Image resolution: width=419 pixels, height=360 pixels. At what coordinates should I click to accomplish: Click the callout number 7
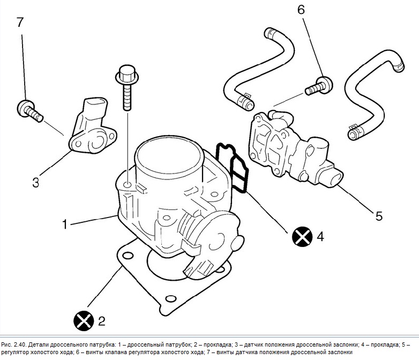(20, 22)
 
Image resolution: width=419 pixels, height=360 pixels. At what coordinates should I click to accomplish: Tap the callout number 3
(35, 182)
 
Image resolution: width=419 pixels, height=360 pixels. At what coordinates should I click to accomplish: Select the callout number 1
(65, 224)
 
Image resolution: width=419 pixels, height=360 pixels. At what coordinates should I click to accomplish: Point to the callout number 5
(379, 216)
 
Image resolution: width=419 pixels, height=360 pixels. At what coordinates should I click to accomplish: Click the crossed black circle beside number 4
(302, 236)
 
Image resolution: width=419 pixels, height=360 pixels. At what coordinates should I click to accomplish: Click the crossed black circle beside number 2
(83, 321)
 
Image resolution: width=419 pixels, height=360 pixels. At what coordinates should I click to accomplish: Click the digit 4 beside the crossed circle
(320, 236)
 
